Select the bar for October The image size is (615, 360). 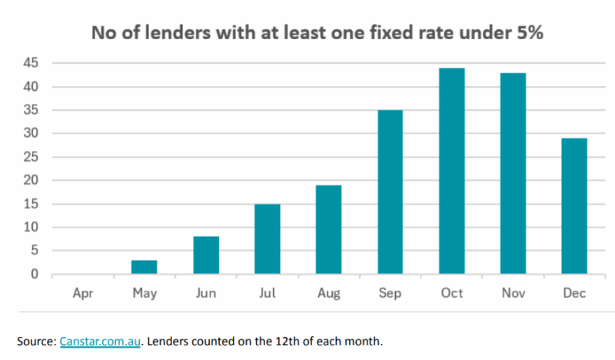pyautogui.click(x=451, y=171)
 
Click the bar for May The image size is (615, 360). pyautogui.click(x=144, y=267)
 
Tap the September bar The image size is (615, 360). pyautogui.click(x=390, y=192)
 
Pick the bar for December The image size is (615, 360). pyautogui.click(x=574, y=206)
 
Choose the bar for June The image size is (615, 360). pyautogui.click(x=205, y=255)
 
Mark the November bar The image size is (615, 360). pyautogui.click(x=513, y=173)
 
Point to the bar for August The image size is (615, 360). pyautogui.click(x=328, y=229)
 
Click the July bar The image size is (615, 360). pyautogui.click(x=267, y=238)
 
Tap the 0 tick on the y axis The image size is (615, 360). pyautogui.click(x=35, y=275)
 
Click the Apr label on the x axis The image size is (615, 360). pyautogui.click(x=83, y=293)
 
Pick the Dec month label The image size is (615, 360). pyautogui.click(x=574, y=293)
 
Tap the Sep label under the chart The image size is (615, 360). pyautogui.click(x=390, y=293)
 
